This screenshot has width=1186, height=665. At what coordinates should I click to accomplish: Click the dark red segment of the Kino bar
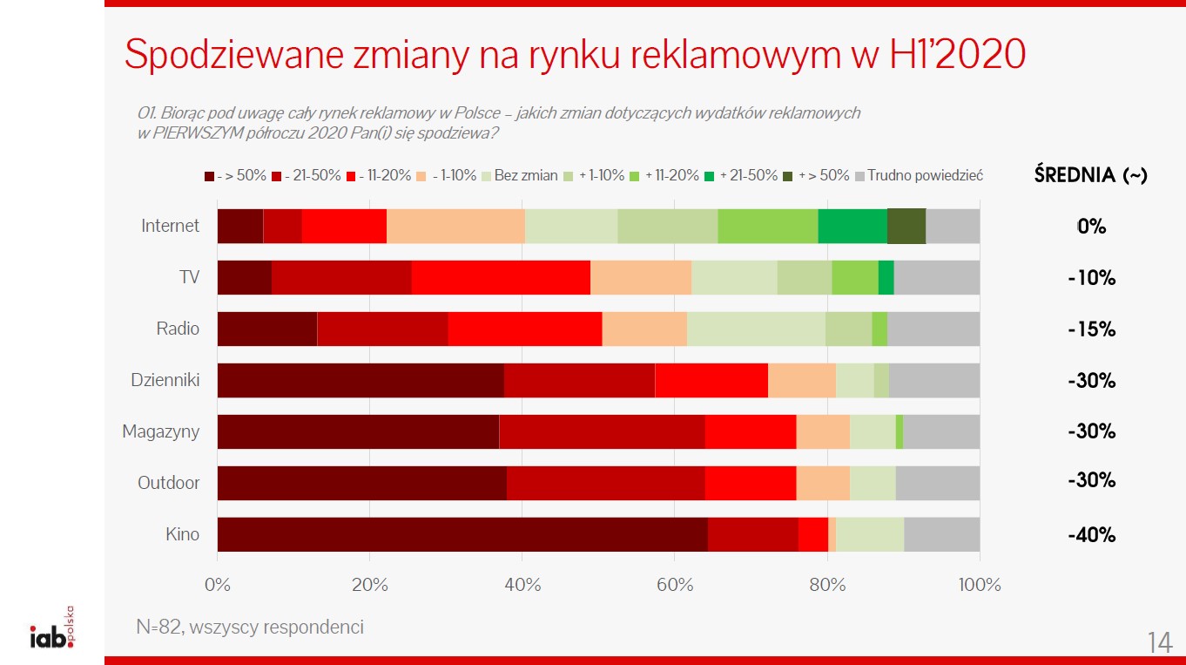tap(462, 534)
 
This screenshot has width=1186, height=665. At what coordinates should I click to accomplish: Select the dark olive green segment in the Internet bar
tap(906, 226)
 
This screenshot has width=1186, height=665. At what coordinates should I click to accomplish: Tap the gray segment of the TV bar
tap(936, 277)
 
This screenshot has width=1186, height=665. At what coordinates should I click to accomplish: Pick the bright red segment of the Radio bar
tap(524, 329)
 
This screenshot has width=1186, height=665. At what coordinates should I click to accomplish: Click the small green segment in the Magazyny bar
tap(899, 431)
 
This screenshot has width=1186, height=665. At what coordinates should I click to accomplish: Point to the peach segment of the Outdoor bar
tap(823, 483)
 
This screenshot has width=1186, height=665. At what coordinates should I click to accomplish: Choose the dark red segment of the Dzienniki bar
tap(360, 380)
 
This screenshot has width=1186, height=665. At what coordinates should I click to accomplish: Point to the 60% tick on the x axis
tap(675, 584)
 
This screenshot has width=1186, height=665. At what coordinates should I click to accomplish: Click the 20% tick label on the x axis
tap(369, 584)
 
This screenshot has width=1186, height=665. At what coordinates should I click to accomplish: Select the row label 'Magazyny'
tap(160, 431)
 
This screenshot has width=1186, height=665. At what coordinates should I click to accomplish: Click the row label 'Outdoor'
tap(168, 483)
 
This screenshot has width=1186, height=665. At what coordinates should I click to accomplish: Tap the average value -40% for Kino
tap(1091, 535)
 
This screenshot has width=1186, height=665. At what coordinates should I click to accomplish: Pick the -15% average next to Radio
tap(1091, 329)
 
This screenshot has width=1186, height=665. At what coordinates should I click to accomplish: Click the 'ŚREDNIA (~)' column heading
tap(1090, 175)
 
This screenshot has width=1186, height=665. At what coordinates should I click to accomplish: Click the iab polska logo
tap(52, 631)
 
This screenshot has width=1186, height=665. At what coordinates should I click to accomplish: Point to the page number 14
tap(1159, 642)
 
